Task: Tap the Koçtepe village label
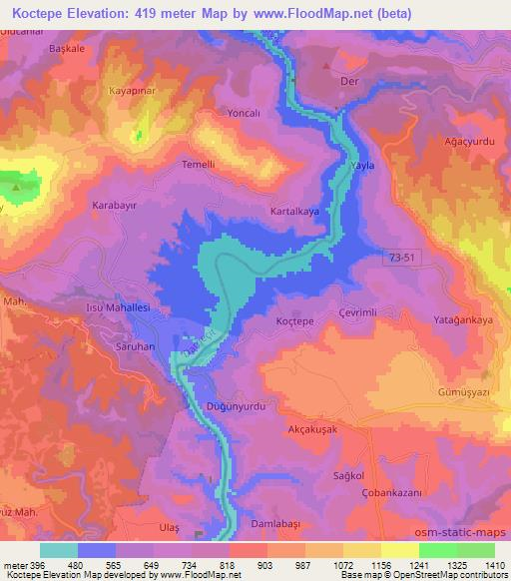294,322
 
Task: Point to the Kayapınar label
132,91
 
